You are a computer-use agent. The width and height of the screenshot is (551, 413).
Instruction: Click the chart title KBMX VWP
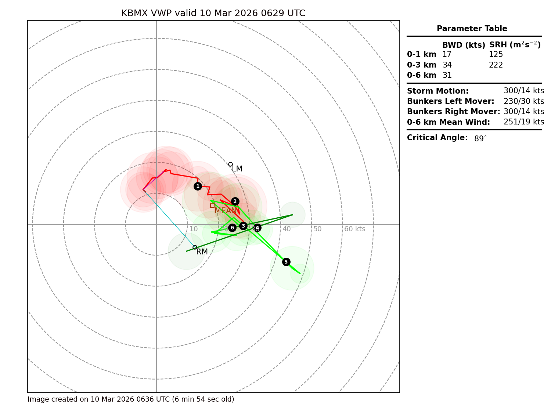pyautogui.click(x=213, y=14)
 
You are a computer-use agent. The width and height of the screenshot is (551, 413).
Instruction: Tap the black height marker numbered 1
pyautogui.click(x=198, y=186)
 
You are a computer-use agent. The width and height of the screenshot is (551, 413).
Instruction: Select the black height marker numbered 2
pyautogui.click(x=235, y=201)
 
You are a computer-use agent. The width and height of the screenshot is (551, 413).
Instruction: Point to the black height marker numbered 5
pyautogui.click(x=286, y=262)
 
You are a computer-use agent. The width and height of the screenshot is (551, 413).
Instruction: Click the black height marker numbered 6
pyautogui.click(x=232, y=228)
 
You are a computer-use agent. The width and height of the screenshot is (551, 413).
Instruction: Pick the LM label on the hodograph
pyautogui.click(x=237, y=169)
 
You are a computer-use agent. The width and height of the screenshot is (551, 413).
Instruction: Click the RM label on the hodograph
pyautogui.click(x=202, y=252)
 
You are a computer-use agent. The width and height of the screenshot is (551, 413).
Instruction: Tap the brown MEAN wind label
pyautogui.click(x=226, y=211)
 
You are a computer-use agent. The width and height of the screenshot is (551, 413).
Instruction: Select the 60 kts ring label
pyautogui.click(x=354, y=229)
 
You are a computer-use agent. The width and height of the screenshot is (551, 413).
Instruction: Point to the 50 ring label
pyautogui.click(x=317, y=229)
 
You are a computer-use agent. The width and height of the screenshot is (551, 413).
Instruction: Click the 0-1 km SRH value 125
pyautogui.click(x=496, y=55)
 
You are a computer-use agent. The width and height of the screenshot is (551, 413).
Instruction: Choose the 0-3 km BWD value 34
pyautogui.click(x=447, y=65)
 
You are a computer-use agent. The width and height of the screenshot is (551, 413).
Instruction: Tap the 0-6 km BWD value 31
pyautogui.click(x=447, y=76)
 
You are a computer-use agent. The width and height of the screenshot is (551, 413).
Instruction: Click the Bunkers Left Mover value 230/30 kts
pyautogui.click(x=523, y=101)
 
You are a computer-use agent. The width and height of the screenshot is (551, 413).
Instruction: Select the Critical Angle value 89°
pyautogui.click(x=480, y=139)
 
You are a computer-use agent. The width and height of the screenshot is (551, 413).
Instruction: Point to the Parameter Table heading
pyautogui.click(x=472, y=29)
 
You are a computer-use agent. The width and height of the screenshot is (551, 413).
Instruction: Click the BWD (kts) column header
pyautogui.click(x=464, y=45)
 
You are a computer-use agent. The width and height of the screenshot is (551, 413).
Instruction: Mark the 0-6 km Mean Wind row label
pyautogui.click(x=448, y=122)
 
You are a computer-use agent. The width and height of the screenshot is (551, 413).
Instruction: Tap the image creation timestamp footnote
pyautogui.click(x=131, y=399)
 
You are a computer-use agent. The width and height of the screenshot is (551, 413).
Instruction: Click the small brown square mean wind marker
pyautogui.click(x=212, y=206)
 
